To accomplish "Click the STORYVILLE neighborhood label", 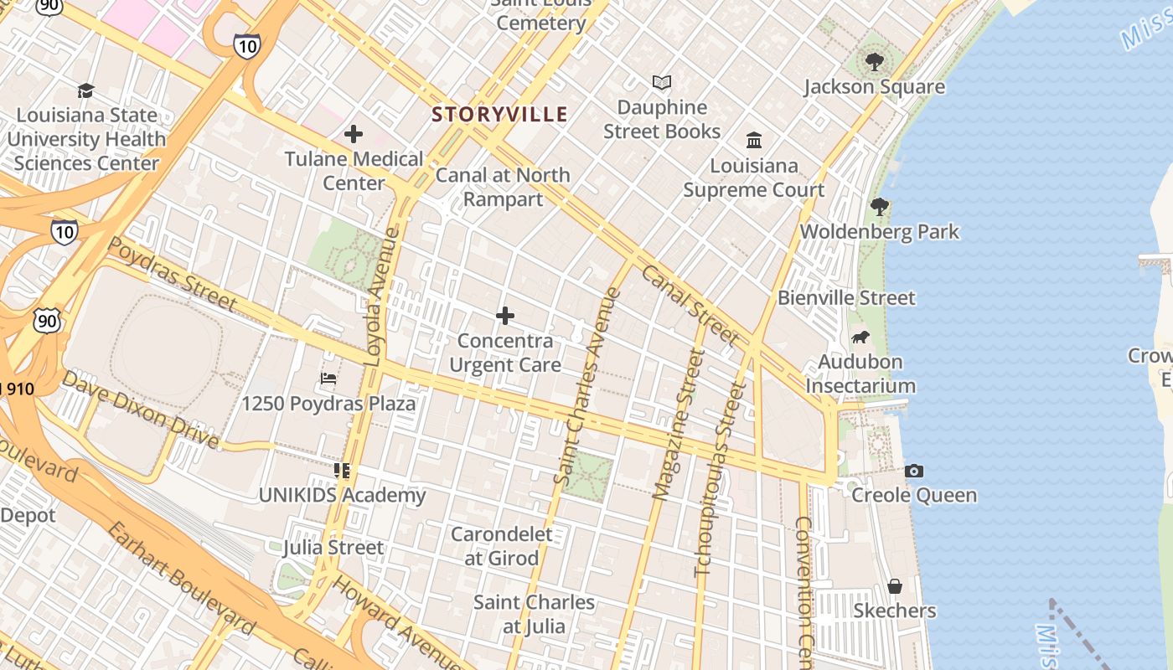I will click(499, 115).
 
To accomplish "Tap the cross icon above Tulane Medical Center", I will click(354, 134).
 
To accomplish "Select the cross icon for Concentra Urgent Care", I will click(504, 316).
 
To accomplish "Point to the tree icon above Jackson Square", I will click(874, 61).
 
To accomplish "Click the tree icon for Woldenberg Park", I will click(879, 206).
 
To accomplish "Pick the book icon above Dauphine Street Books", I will click(662, 83).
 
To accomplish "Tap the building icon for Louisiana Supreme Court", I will click(753, 140).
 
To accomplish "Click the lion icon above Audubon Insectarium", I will click(860, 338).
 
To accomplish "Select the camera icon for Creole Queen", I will click(914, 471).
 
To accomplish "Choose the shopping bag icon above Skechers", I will click(894, 586).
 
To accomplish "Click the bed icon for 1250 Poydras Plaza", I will click(328, 379).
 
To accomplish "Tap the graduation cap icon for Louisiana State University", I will click(85, 90).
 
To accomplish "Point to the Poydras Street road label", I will click(173, 275).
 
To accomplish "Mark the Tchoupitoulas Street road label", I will click(720, 480).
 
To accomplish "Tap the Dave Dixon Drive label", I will click(141, 410).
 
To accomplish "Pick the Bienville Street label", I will click(846, 297).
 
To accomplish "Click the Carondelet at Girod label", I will click(502, 546).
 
